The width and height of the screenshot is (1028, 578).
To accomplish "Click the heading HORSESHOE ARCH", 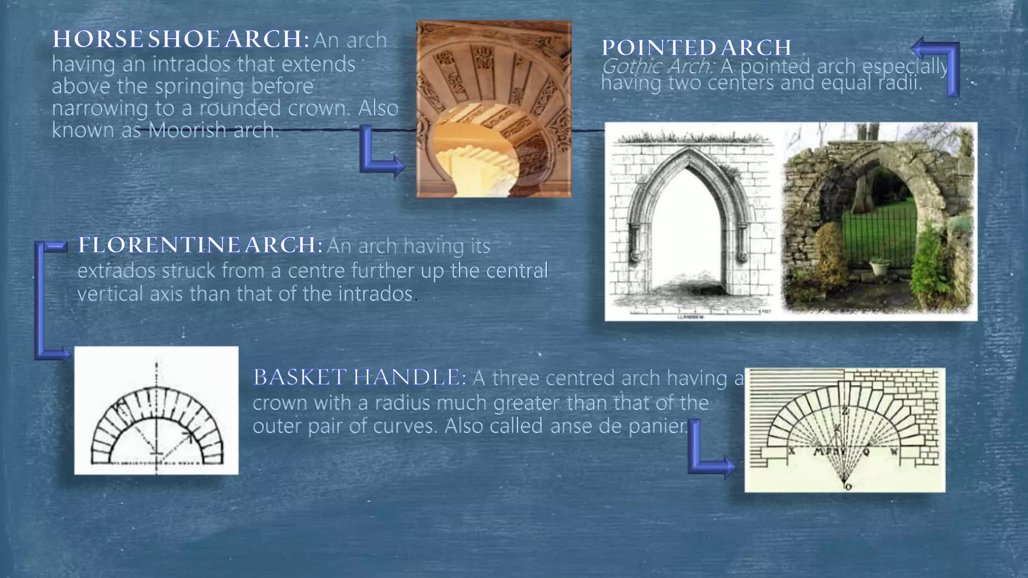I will (181, 39).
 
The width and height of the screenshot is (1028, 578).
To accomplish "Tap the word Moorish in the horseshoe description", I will (186, 130).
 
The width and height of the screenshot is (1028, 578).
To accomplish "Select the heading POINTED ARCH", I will (696, 48).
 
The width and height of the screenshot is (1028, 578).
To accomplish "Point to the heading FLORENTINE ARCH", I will (200, 245).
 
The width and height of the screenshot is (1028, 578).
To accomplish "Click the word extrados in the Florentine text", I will (116, 271).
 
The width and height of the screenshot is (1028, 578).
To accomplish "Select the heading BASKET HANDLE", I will (359, 377).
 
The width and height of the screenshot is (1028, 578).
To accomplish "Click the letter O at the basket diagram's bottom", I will (848, 486).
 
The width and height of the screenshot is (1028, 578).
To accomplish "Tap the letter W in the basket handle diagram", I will (894, 451).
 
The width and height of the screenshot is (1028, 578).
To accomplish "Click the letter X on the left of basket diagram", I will (792, 451).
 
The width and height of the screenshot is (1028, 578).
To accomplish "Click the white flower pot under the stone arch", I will (879, 267).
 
